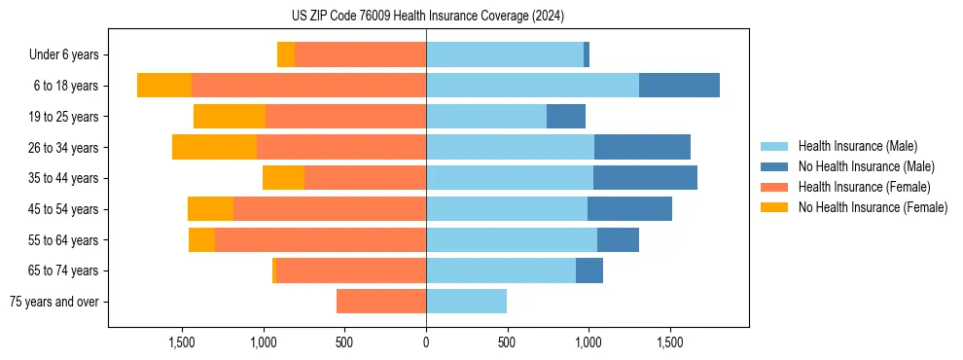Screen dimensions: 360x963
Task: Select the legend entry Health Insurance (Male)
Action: point(857,146)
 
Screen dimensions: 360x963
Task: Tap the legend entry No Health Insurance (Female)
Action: point(873,207)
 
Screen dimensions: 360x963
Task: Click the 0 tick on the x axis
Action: point(426,342)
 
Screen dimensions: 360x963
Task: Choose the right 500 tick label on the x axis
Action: point(507,342)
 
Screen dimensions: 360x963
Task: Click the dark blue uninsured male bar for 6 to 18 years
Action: point(679,86)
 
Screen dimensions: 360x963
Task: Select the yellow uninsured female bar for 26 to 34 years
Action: point(214,147)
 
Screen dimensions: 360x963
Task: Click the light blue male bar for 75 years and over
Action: point(466,302)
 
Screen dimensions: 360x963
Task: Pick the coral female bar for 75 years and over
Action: point(381,302)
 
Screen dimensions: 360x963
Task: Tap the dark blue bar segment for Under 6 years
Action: point(587,54)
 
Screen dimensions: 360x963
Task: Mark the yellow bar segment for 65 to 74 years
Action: point(274,270)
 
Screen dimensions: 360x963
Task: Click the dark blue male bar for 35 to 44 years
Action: point(645,178)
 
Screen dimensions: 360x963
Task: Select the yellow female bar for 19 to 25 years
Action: point(230,117)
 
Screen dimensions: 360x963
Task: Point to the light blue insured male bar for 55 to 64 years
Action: point(512,239)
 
